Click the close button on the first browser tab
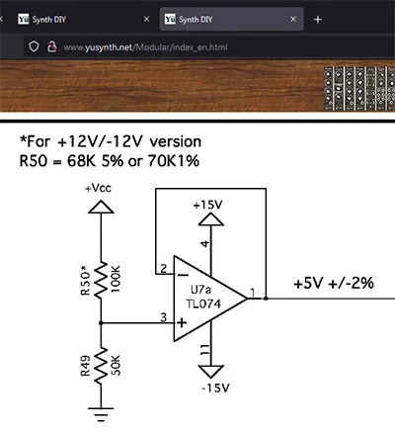(x=147, y=19)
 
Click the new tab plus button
(x=317, y=19)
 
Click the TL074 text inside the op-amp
(x=209, y=305)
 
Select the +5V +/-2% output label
(x=333, y=283)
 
